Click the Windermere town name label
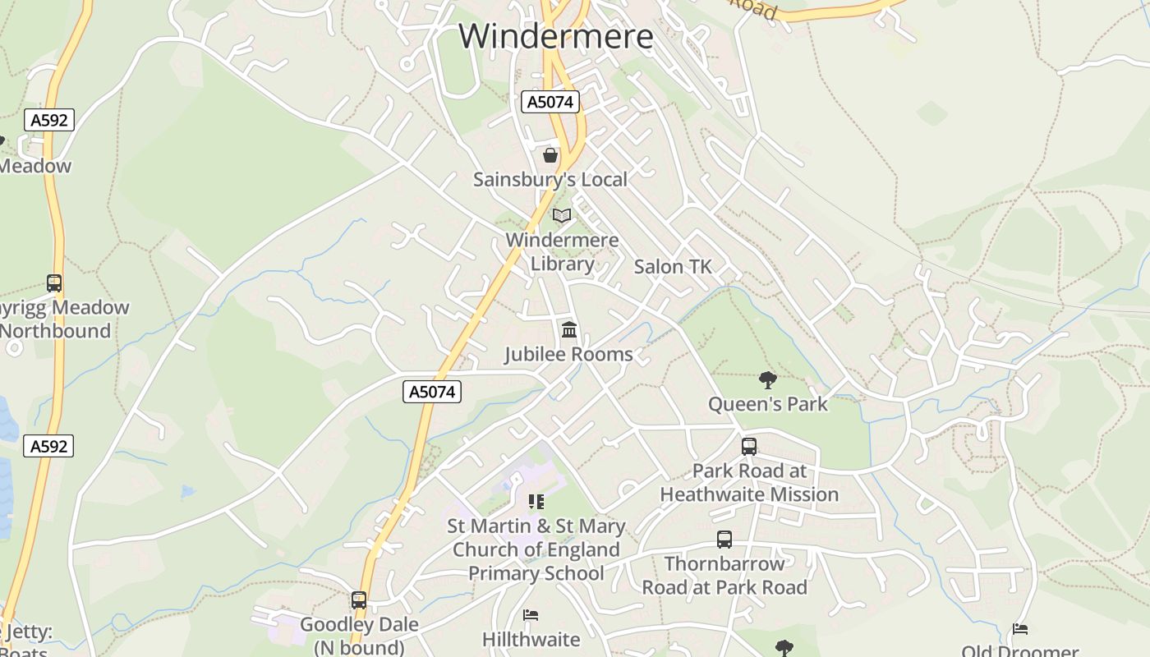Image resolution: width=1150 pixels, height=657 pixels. click(x=556, y=37)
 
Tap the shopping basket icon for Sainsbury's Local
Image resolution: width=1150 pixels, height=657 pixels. click(x=550, y=154)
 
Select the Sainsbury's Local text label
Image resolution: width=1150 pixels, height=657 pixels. click(x=550, y=179)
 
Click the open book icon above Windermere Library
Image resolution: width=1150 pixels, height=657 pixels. click(x=562, y=216)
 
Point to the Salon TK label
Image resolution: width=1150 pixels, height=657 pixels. click(x=673, y=267)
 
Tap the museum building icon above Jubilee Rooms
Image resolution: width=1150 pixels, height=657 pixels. click(x=568, y=330)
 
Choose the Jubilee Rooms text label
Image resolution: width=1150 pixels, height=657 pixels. click(x=568, y=354)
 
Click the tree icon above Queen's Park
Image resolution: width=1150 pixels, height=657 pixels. click(x=768, y=379)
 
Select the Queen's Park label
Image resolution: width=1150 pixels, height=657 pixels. click(x=768, y=404)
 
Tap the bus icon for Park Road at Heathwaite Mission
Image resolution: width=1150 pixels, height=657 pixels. click(x=749, y=447)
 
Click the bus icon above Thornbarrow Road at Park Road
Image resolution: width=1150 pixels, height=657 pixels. click(x=724, y=540)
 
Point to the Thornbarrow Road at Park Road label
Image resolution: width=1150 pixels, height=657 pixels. click(x=724, y=576)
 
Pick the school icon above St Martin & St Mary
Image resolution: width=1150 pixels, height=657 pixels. click(x=536, y=501)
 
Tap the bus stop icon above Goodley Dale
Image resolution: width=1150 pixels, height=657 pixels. click(x=359, y=600)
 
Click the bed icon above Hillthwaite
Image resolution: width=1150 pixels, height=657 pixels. click(x=531, y=615)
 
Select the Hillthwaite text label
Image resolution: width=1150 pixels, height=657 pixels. click(x=531, y=639)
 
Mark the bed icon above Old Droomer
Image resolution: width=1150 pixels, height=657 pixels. click(x=1020, y=630)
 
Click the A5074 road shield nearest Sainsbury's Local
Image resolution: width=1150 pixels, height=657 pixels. click(x=550, y=102)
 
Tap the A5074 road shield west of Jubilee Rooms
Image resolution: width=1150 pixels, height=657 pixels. click(x=433, y=392)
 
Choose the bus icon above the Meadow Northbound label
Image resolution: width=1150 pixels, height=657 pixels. click(x=54, y=283)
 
